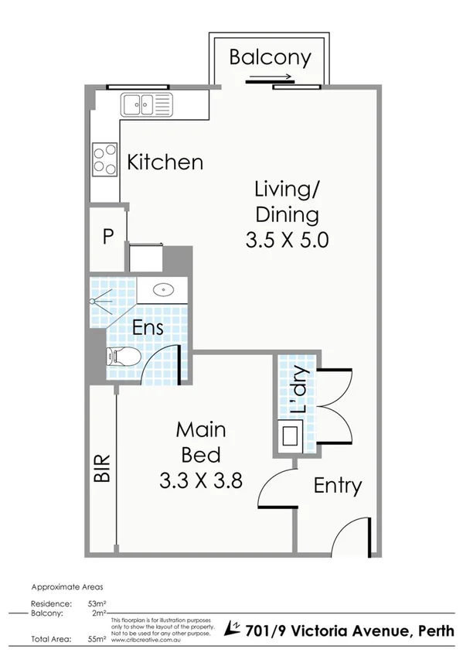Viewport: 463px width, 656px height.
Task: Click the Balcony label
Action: tap(270, 57)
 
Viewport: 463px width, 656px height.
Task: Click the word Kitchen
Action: tap(165, 162)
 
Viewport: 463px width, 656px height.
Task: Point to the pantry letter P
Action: tap(107, 237)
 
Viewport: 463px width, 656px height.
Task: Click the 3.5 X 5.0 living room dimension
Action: tap(287, 240)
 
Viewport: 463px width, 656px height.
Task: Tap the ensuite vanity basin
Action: tap(163, 291)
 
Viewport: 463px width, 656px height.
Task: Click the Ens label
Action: tap(147, 327)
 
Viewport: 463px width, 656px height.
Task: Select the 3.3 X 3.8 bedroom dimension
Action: tap(201, 480)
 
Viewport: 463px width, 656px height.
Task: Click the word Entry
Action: tap(338, 486)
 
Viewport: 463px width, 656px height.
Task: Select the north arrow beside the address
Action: tap(232, 627)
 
